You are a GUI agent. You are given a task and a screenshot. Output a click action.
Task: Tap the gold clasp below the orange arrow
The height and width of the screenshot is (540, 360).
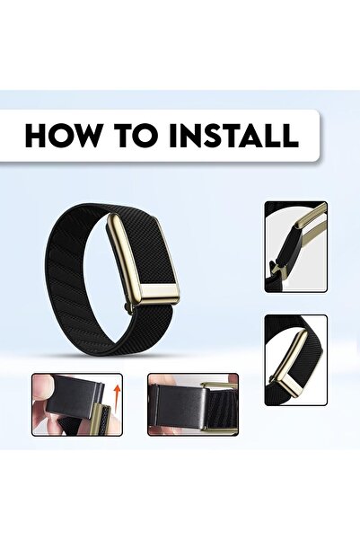point(101,419)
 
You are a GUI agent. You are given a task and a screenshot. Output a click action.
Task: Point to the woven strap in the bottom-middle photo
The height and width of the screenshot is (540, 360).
point(223,406)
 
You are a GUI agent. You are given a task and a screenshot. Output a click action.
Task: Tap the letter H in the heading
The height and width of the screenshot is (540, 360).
point(35,135)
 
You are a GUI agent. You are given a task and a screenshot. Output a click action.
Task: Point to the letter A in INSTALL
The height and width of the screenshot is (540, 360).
point(253,135)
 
